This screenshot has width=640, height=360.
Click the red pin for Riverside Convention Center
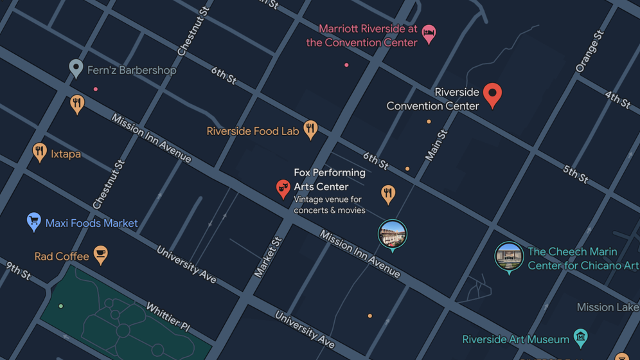(492, 94)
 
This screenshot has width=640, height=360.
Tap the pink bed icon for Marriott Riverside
(429, 32)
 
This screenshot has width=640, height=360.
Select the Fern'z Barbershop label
(131, 70)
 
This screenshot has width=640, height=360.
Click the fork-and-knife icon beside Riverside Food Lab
(310, 129)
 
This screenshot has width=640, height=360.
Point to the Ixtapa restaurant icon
(40, 152)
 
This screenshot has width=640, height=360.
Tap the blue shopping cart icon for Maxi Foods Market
(34, 221)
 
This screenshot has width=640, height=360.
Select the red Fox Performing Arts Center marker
(283, 188)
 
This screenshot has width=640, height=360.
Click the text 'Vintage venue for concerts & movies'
(329, 205)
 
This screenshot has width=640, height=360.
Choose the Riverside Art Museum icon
(580, 336)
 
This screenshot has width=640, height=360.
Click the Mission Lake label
(607, 307)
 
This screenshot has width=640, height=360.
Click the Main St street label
(436, 145)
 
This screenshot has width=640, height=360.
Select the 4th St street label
(618, 100)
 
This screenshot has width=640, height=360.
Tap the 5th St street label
(575, 174)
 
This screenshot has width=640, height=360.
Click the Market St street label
(268, 257)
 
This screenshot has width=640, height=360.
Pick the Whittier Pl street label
(168, 316)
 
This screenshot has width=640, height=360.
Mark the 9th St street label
(18, 271)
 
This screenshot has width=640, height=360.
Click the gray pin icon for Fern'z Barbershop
(76, 67)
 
